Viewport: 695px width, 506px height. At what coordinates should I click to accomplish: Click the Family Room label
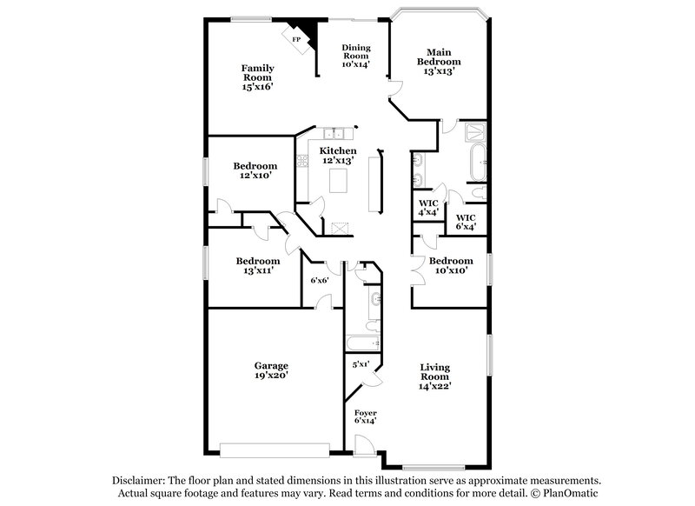(257, 77)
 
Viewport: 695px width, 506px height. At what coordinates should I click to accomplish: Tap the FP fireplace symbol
(296, 40)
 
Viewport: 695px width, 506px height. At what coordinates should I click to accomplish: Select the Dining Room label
(356, 56)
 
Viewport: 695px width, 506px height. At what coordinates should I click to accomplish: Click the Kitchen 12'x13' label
(338, 156)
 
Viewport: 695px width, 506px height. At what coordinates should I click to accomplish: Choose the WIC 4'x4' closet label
(427, 207)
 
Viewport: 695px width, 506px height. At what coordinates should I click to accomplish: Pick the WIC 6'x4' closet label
(466, 222)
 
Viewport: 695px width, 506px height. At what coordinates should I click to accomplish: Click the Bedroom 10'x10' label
(451, 265)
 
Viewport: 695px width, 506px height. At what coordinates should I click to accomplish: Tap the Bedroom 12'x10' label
(255, 170)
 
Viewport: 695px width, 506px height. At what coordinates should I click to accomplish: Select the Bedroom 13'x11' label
(258, 265)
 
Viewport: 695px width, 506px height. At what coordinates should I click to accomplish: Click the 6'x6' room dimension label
(319, 280)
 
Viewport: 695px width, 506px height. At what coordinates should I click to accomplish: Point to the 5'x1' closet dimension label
(361, 364)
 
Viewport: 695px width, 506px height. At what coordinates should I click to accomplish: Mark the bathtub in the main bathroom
(479, 162)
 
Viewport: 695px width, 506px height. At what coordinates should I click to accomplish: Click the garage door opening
(275, 449)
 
